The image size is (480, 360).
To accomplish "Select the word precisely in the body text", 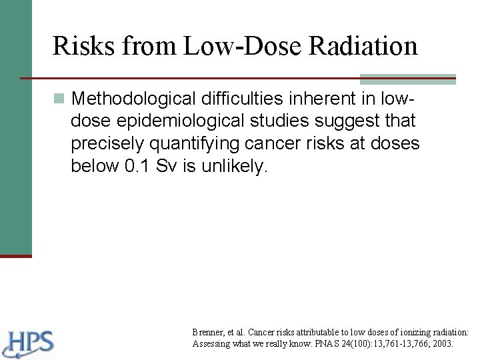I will coord(107,144).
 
